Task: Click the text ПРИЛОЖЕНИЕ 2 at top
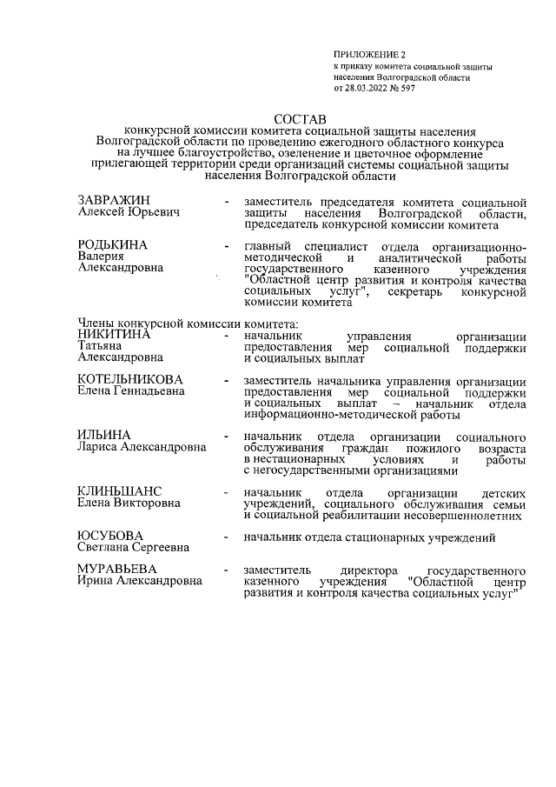363,55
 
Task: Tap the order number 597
406,89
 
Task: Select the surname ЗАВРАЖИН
115,202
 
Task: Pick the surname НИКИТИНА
114,334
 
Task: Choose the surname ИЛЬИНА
103,435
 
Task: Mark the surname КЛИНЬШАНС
121,490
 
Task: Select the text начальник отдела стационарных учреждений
370,537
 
